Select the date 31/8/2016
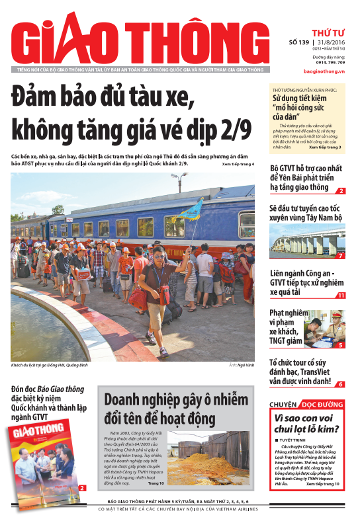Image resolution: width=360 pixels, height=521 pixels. coord(329,42)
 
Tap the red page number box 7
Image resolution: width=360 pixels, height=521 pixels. coord(340,255)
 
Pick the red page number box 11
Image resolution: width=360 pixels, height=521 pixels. coord(340,295)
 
